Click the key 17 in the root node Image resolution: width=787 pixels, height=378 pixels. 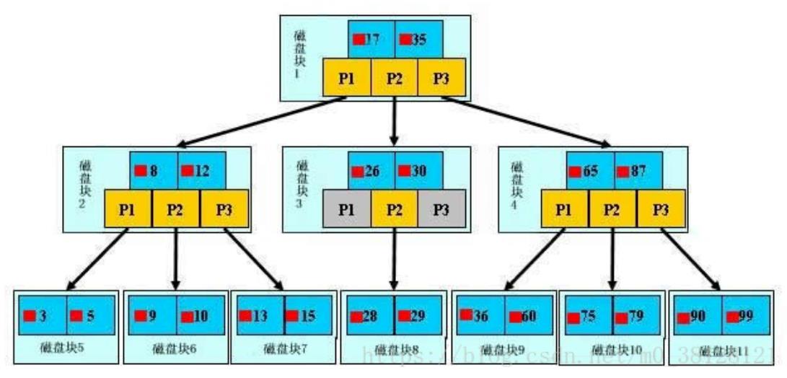(x=371, y=39)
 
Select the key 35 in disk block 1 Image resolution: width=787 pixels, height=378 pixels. (x=418, y=39)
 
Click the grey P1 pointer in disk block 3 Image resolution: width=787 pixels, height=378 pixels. (x=347, y=209)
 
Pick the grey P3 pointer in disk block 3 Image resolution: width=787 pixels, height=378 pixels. (x=441, y=209)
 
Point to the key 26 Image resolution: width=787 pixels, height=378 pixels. (x=371, y=171)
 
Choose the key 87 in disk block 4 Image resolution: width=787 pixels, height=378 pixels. (x=637, y=171)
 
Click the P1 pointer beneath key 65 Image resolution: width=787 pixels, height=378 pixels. (x=565, y=209)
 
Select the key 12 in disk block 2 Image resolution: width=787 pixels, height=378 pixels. (x=201, y=171)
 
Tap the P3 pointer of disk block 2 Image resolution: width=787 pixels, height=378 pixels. (x=224, y=209)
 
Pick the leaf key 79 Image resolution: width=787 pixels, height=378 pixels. (x=635, y=315)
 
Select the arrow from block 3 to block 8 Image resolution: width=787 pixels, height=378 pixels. (x=394, y=260)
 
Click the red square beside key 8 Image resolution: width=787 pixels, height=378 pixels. (x=140, y=171)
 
